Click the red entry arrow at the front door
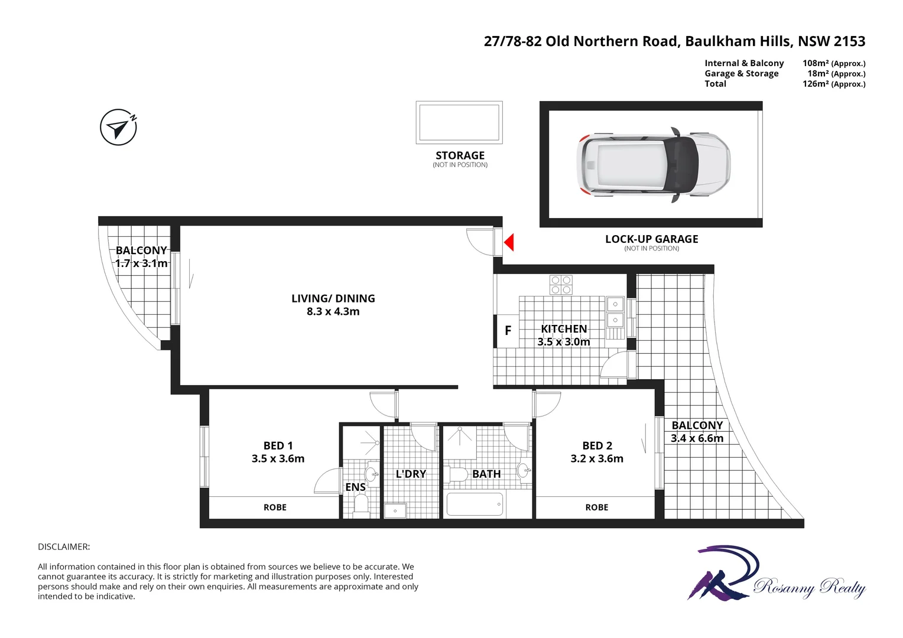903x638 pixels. [509, 242]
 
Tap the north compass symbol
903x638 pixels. [119, 127]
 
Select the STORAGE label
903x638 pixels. [460, 155]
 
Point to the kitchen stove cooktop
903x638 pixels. [561, 285]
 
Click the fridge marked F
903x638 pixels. [507, 331]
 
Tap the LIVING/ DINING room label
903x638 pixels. [333, 298]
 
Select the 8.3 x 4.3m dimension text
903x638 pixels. [333, 312]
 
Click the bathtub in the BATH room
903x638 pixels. [475, 504]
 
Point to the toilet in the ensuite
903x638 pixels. [360, 504]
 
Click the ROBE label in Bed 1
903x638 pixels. [275, 507]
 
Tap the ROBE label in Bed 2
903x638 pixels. [597, 507]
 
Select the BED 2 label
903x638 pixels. [597, 445]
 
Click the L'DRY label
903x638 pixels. [411, 474]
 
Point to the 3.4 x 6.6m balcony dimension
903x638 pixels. [697, 438]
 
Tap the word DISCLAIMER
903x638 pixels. [64, 547]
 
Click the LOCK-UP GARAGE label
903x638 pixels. [651, 239]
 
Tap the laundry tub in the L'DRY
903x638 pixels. [395, 510]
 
